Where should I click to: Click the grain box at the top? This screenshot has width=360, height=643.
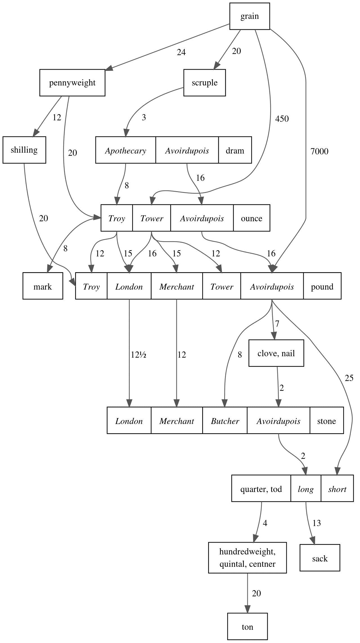(x=249, y=16)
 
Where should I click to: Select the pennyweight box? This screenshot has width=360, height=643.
(x=72, y=83)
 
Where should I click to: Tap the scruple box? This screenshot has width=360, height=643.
(x=204, y=83)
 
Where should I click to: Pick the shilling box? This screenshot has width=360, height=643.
(x=24, y=150)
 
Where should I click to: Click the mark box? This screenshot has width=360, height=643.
(x=43, y=286)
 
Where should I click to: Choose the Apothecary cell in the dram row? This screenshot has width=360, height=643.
(x=125, y=150)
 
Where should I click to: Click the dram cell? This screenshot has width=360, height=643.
(x=235, y=150)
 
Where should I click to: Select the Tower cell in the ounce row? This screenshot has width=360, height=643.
(x=152, y=218)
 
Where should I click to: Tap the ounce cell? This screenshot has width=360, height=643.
(x=251, y=218)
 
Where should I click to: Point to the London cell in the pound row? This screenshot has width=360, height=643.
(x=129, y=286)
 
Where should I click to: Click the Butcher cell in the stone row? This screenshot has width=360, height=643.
(x=225, y=420)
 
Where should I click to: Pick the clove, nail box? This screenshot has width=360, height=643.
(x=276, y=353)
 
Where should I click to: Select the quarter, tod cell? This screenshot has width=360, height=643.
(x=261, y=488)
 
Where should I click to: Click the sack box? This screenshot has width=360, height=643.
(x=320, y=558)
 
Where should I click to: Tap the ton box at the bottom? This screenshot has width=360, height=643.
(x=247, y=626)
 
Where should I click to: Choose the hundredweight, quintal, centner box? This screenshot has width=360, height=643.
(x=247, y=558)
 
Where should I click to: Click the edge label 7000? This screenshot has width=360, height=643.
(x=319, y=152)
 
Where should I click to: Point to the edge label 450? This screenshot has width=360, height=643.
(x=282, y=119)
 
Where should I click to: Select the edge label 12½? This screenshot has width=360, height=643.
(x=138, y=355)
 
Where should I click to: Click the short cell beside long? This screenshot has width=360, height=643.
(x=337, y=488)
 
